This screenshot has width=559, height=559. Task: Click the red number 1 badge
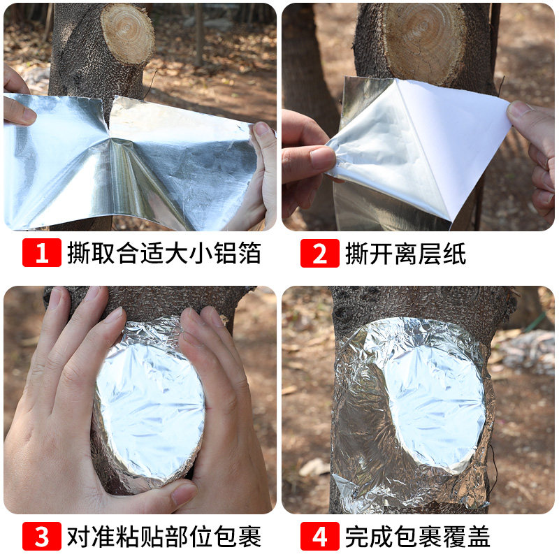41,253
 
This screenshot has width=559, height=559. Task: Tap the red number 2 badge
320,253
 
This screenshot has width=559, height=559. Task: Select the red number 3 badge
41,537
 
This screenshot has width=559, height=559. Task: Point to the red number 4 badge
320,537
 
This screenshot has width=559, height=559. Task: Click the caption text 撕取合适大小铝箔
164,253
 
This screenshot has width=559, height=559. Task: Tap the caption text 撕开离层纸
405,253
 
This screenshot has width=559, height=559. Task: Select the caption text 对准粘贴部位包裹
164,537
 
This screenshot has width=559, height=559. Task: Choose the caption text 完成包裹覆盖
418,537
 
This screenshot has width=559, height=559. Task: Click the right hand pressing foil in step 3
224,419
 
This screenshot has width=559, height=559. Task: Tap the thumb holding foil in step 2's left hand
311,157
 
